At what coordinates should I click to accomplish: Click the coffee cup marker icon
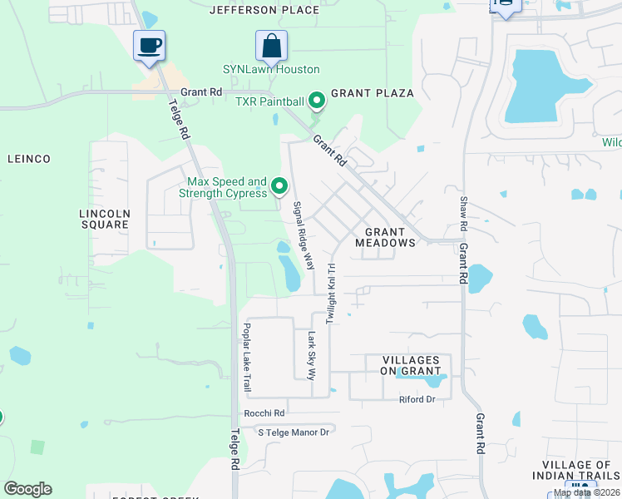[150, 45]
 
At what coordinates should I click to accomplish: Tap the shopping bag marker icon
[271, 45]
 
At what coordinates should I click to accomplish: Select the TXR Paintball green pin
[316, 101]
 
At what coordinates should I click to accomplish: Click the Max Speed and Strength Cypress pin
[280, 186]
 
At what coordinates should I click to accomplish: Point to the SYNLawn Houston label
[271, 69]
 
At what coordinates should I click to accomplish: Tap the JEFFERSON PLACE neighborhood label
[264, 10]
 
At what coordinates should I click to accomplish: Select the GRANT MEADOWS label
[385, 237]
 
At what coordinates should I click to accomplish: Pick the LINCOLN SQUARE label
[104, 219]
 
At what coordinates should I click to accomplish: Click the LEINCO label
[29, 158]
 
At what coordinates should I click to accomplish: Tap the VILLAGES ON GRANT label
[411, 365]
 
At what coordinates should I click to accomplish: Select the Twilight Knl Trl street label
[331, 294]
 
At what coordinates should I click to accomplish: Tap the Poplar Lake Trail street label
[247, 358]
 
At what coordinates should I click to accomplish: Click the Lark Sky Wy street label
[312, 356]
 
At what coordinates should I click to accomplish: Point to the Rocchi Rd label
[264, 413]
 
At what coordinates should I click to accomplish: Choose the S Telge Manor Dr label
[294, 432]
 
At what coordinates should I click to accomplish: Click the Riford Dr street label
[417, 400]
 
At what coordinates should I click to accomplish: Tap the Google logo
[28, 488]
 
